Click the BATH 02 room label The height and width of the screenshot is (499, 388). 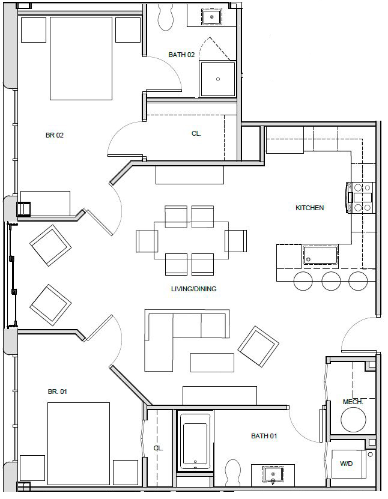[x=181, y=55]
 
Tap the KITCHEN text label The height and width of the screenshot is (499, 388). [x=309, y=208]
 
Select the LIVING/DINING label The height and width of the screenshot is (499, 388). [x=193, y=289]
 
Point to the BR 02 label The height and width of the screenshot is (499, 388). [x=55, y=135]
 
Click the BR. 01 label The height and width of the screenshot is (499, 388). [x=58, y=392]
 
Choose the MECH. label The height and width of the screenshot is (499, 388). [x=353, y=402]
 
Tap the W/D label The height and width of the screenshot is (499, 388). [x=347, y=464]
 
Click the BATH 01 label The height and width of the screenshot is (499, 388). [x=264, y=436]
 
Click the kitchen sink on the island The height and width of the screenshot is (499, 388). [x=320, y=256]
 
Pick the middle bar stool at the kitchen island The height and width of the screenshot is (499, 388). [x=331, y=280]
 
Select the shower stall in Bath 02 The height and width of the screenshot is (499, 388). [x=217, y=79]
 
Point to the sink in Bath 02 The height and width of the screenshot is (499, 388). [x=211, y=17]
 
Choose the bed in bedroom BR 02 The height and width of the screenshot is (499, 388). [x=80, y=58]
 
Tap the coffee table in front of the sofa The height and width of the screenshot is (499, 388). [x=212, y=362]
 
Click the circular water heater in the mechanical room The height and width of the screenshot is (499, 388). [x=353, y=420]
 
